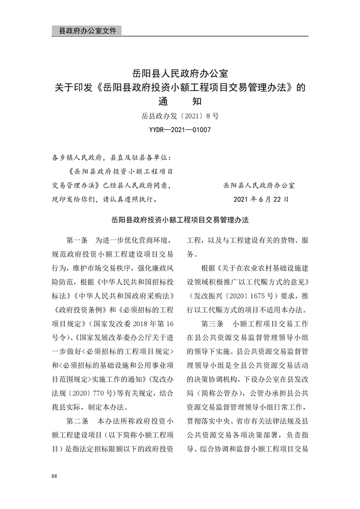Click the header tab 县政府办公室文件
pyautogui.click(x=85, y=31)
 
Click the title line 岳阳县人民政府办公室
pyautogui.click(x=180, y=73)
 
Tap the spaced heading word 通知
pyautogui.click(x=180, y=101)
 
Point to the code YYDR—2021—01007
pyautogui.click(x=180, y=130)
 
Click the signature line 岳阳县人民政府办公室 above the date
pyautogui.click(x=259, y=186)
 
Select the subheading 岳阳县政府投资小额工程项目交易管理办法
pyautogui.click(x=180, y=220)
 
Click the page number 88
pyautogui.click(x=54, y=475)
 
